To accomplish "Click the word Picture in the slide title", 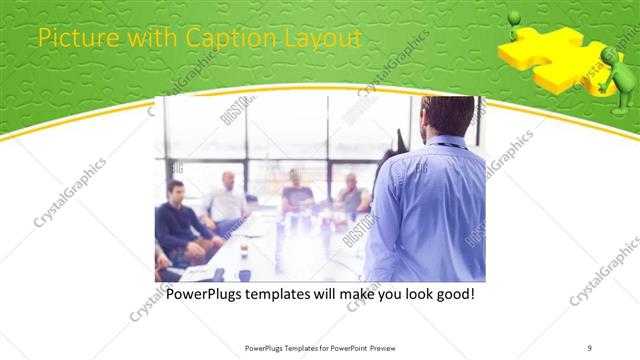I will pyautogui.click(x=69, y=39).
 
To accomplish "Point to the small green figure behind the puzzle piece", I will pyautogui.click(x=514, y=24).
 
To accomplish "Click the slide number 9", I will pyautogui.click(x=590, y=348).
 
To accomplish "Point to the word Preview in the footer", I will pyautogui.click(x=385, y=348).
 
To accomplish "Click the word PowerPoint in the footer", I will pyautogui.click(x=345, y=348).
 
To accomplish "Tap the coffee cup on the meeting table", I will pyautogui.click(x=243, y=250).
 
